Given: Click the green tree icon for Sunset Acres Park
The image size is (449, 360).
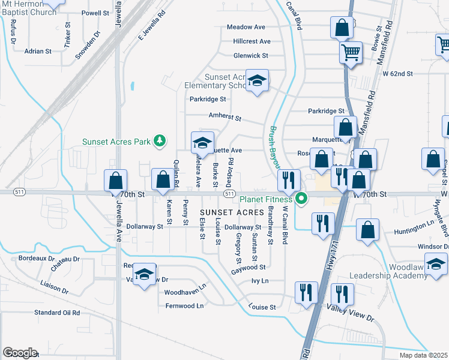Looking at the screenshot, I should [x=160, y=141].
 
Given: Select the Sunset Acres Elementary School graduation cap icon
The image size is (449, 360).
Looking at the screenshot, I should [x=258, y=82].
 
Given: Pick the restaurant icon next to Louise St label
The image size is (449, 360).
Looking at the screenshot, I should [x=307, y=292].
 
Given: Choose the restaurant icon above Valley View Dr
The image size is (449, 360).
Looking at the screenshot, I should [x=342, y=294].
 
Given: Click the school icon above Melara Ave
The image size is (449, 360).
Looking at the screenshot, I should [x=202, y=143].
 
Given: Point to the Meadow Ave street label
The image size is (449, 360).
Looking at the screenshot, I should [x=246, y=28].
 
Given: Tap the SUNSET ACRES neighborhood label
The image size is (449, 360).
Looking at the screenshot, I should [x=232, y=213].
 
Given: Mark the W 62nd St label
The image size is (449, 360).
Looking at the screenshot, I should [x=398, y=74].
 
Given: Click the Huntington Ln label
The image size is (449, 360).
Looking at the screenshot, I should [x=414, y=232].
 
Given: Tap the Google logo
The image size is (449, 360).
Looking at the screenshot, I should [x=20, y=353].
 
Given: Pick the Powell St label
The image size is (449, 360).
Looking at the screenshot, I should [x=96, y=13].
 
